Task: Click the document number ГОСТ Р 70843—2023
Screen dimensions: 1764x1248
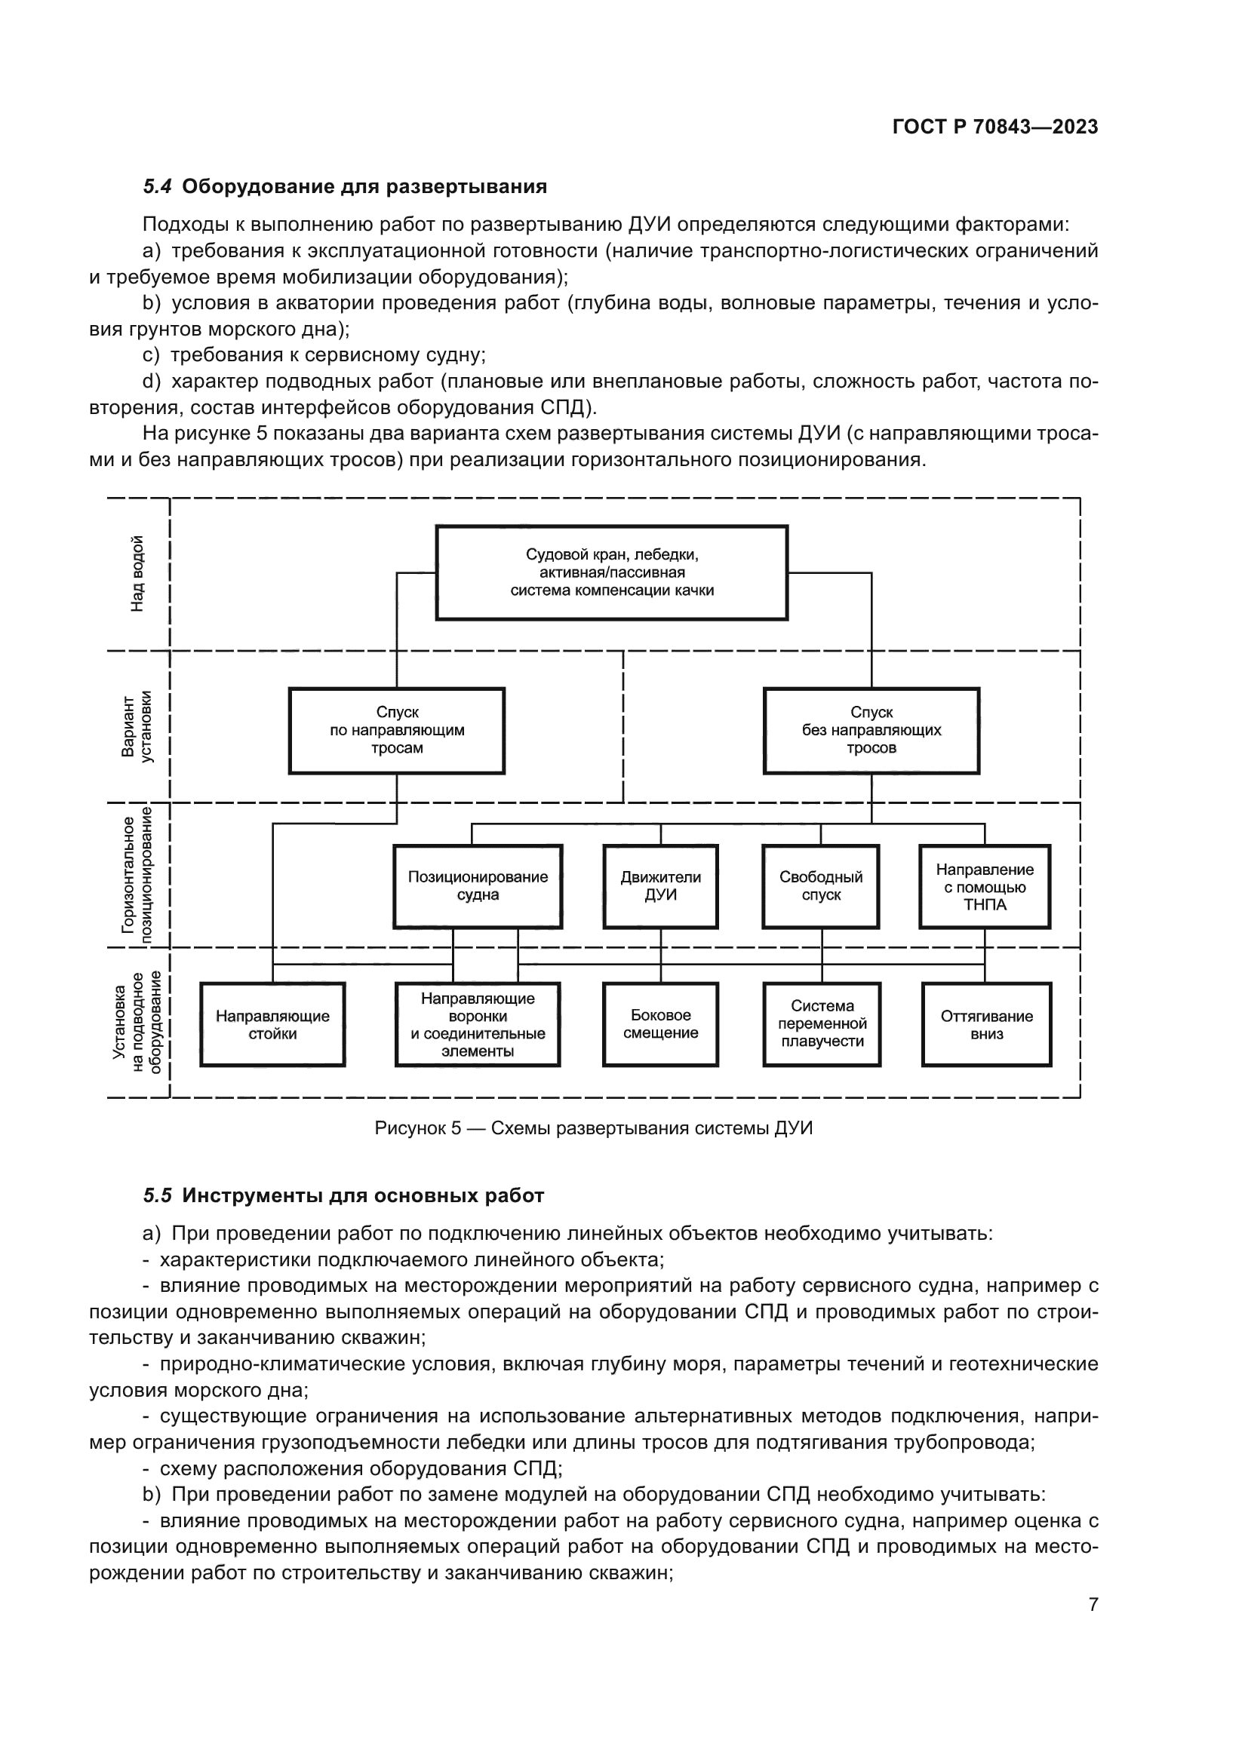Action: click(x=994, y=127)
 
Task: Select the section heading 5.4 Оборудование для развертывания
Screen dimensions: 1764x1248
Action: click(x=345, y=187)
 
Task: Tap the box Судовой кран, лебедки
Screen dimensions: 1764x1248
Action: click(x=612, y=572)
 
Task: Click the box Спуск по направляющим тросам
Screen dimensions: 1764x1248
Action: click(x=397, y=731)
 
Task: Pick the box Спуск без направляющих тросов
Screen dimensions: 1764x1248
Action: click(x=871, y=731)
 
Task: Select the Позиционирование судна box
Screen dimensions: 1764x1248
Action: click(x=477, y=887)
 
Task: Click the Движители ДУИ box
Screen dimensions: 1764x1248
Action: click(x=660, y=887)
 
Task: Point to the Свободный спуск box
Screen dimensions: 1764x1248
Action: click(x=820, y=887)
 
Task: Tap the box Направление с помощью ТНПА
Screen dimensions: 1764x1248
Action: click(x=985, y=887)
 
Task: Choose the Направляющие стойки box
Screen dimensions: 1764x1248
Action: click(x=272, y=1025)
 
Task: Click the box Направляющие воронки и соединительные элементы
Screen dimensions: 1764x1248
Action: click(x=477, y=1025)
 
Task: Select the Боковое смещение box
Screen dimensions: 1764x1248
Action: click(x=660, y=1025)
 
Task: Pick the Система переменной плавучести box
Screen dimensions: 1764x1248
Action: click(x=822, y=1025)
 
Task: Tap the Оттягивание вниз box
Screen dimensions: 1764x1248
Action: click(x=986, y=1025)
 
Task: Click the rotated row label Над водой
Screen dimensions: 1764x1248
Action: click(x=137, y=574)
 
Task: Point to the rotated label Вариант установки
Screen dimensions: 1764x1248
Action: click(x=137, y=727)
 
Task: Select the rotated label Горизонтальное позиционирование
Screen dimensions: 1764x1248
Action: click(x=137, y=875)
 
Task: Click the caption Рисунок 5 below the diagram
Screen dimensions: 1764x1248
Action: click(x=593, y=1129)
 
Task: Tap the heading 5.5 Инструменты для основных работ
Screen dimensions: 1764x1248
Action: click(x=343, y=1196)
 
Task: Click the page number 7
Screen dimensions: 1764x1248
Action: click(x=1093, y=1605)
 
